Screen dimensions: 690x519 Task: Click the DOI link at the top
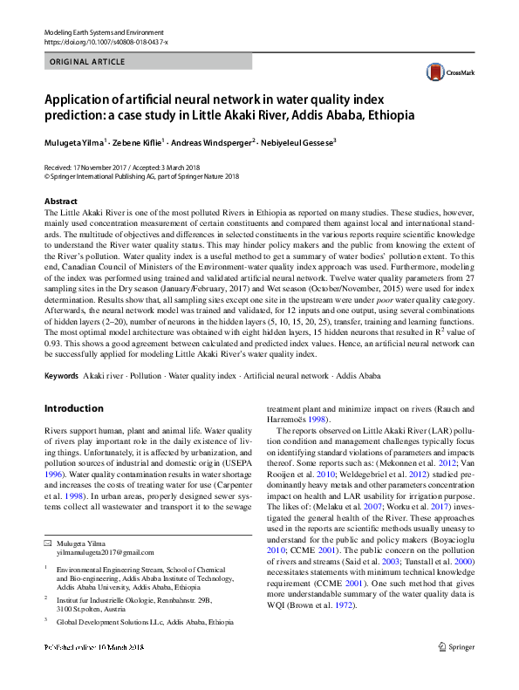point(106,40)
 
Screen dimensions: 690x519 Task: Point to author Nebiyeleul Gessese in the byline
point(297,141)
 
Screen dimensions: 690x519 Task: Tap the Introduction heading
point(73,408)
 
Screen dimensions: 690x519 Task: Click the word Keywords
point(63,375)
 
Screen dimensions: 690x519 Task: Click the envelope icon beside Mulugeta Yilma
point(48,543)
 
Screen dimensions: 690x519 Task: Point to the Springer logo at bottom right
point(456,672)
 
